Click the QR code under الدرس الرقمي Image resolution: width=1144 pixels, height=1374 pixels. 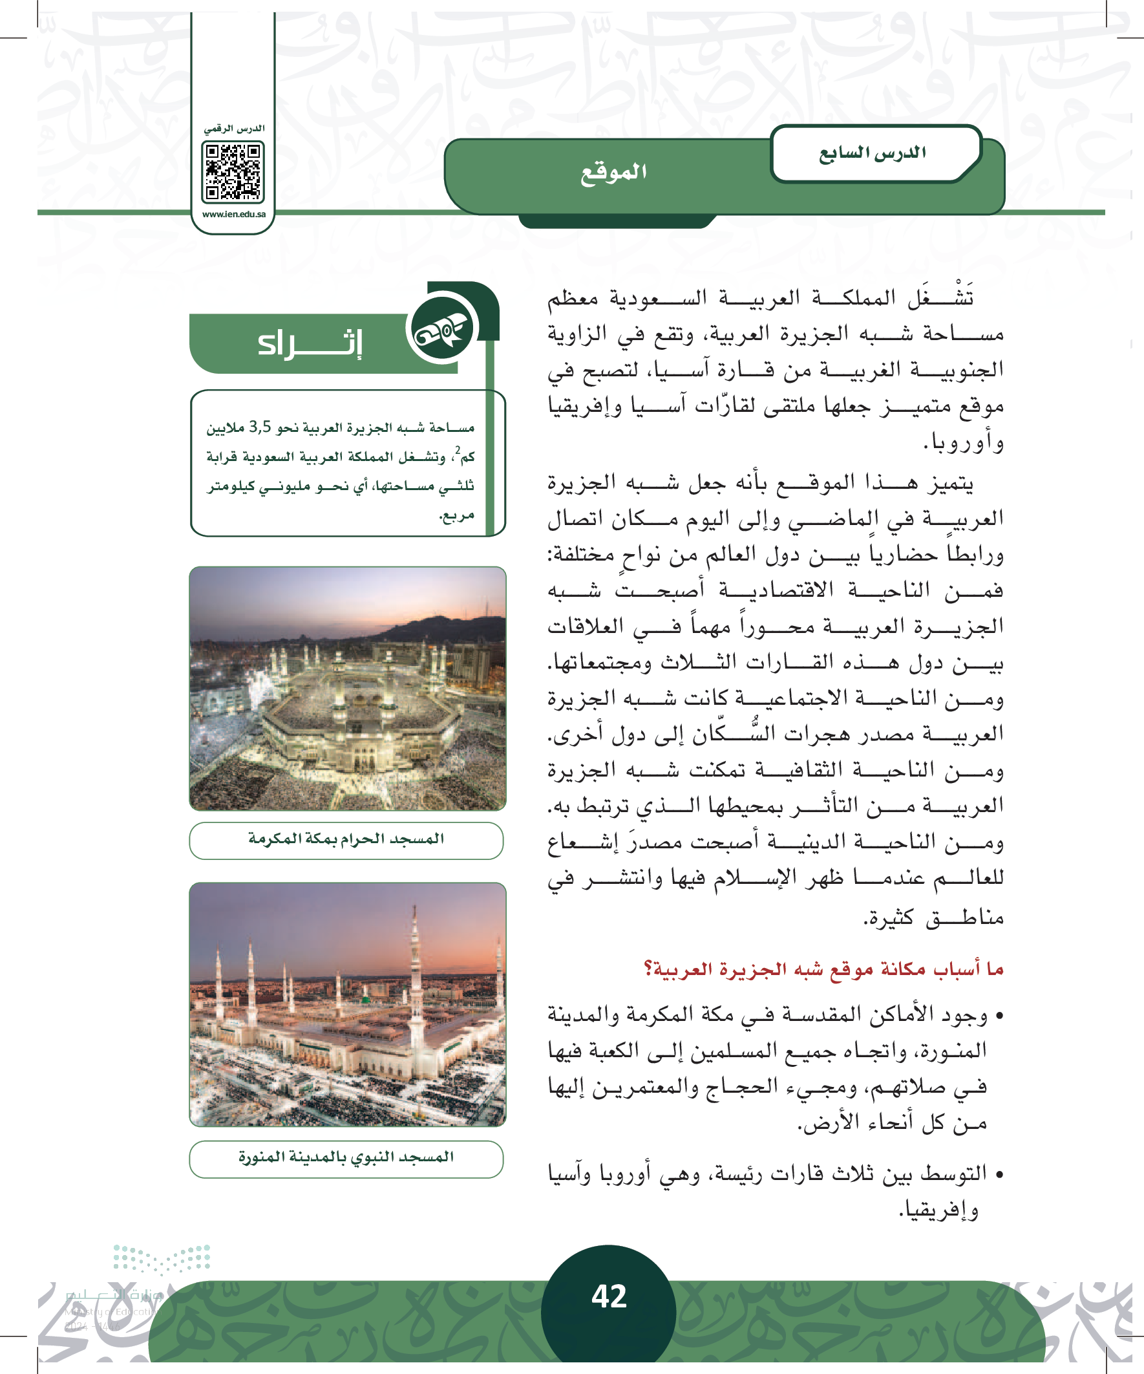tap(233, 171)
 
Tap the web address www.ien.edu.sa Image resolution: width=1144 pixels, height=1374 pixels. tap(233, 214)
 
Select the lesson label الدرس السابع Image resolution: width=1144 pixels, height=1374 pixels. tap(873, 153)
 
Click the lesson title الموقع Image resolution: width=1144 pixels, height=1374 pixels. tap(613, 172)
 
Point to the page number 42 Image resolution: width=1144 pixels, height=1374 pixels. tap(609, 1296)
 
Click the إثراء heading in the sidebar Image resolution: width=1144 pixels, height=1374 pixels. tap(310, 343)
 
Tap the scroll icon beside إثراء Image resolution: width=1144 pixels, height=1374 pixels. tap(442, 330)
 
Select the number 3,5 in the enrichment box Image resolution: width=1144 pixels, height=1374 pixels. tap(260, 427)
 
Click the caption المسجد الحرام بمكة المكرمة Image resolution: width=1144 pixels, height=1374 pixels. tap(346, 839)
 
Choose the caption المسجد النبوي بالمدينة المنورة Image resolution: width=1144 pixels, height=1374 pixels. tap(346, 1157)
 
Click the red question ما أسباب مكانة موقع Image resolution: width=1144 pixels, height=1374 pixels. tap(823, 969)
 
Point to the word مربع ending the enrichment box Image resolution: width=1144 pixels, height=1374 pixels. tap(456, 515)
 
